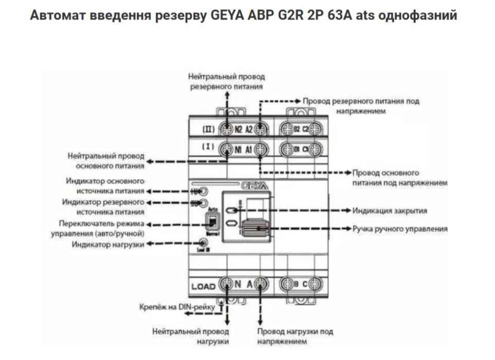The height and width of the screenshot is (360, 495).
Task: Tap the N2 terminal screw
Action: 226,129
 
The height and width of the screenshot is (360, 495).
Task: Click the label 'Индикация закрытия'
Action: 390,211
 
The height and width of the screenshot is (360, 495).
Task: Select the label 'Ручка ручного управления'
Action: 400,228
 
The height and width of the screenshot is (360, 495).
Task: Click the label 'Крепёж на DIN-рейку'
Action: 178,307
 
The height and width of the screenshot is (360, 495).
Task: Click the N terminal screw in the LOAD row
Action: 226,283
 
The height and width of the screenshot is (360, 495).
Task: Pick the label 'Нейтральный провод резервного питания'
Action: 226,82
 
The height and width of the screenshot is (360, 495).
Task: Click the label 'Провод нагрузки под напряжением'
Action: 295,336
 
